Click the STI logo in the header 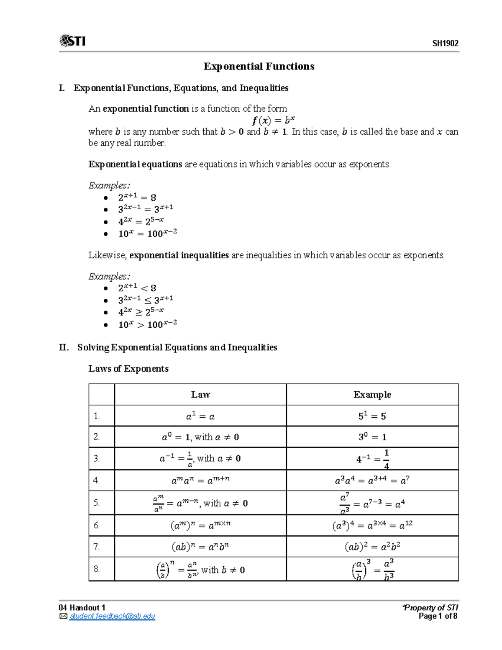click(73, 41)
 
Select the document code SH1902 click(445, 44)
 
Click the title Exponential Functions click(259, 67)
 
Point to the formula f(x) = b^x click(273, 121)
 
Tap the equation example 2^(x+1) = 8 click(137, 197)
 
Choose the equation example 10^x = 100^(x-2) click(147, 233)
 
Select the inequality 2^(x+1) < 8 click(137, 288)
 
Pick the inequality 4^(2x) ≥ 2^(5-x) click(141, 312)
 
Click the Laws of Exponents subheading click(128, 369)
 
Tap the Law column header click(200, 395)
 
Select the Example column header click(372, 395)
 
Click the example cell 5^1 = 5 click(372, 416)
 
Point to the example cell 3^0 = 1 click(372, 437)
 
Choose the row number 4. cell click(97, 480)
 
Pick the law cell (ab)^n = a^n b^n click(200, 547)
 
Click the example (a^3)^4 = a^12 click(372, 525)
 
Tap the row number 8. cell click(97, 569)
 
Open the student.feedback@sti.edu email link click(112, 616)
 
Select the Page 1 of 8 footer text click(438, 616)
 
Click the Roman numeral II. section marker click(64, 347)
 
